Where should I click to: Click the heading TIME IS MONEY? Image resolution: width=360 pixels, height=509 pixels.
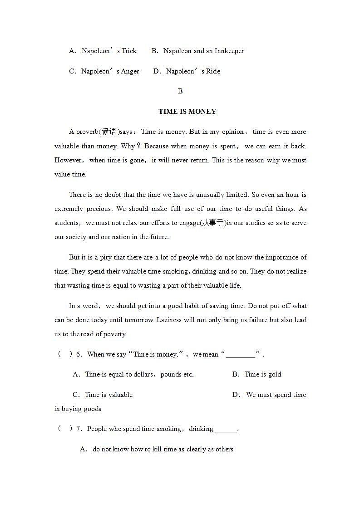(187, 112)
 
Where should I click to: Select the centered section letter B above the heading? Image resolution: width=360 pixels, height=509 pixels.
(180, 91)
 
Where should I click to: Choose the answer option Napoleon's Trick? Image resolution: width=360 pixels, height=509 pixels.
(109, 51)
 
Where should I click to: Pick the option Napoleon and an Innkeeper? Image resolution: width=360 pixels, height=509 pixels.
(203, 51)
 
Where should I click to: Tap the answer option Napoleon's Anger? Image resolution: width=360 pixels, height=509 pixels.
(110, 71)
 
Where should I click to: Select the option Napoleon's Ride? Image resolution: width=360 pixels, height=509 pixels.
(193, 71)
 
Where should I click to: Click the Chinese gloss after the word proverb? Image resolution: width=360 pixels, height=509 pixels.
(109, 132)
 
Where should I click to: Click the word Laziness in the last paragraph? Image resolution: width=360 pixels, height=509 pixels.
(169, 320)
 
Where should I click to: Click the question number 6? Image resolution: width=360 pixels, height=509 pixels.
(79, 354)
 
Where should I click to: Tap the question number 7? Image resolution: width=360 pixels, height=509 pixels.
(79, 429)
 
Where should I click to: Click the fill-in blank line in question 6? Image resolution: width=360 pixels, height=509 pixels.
(241, 355)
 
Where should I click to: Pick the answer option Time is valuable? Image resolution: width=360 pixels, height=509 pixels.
(108, 395)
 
